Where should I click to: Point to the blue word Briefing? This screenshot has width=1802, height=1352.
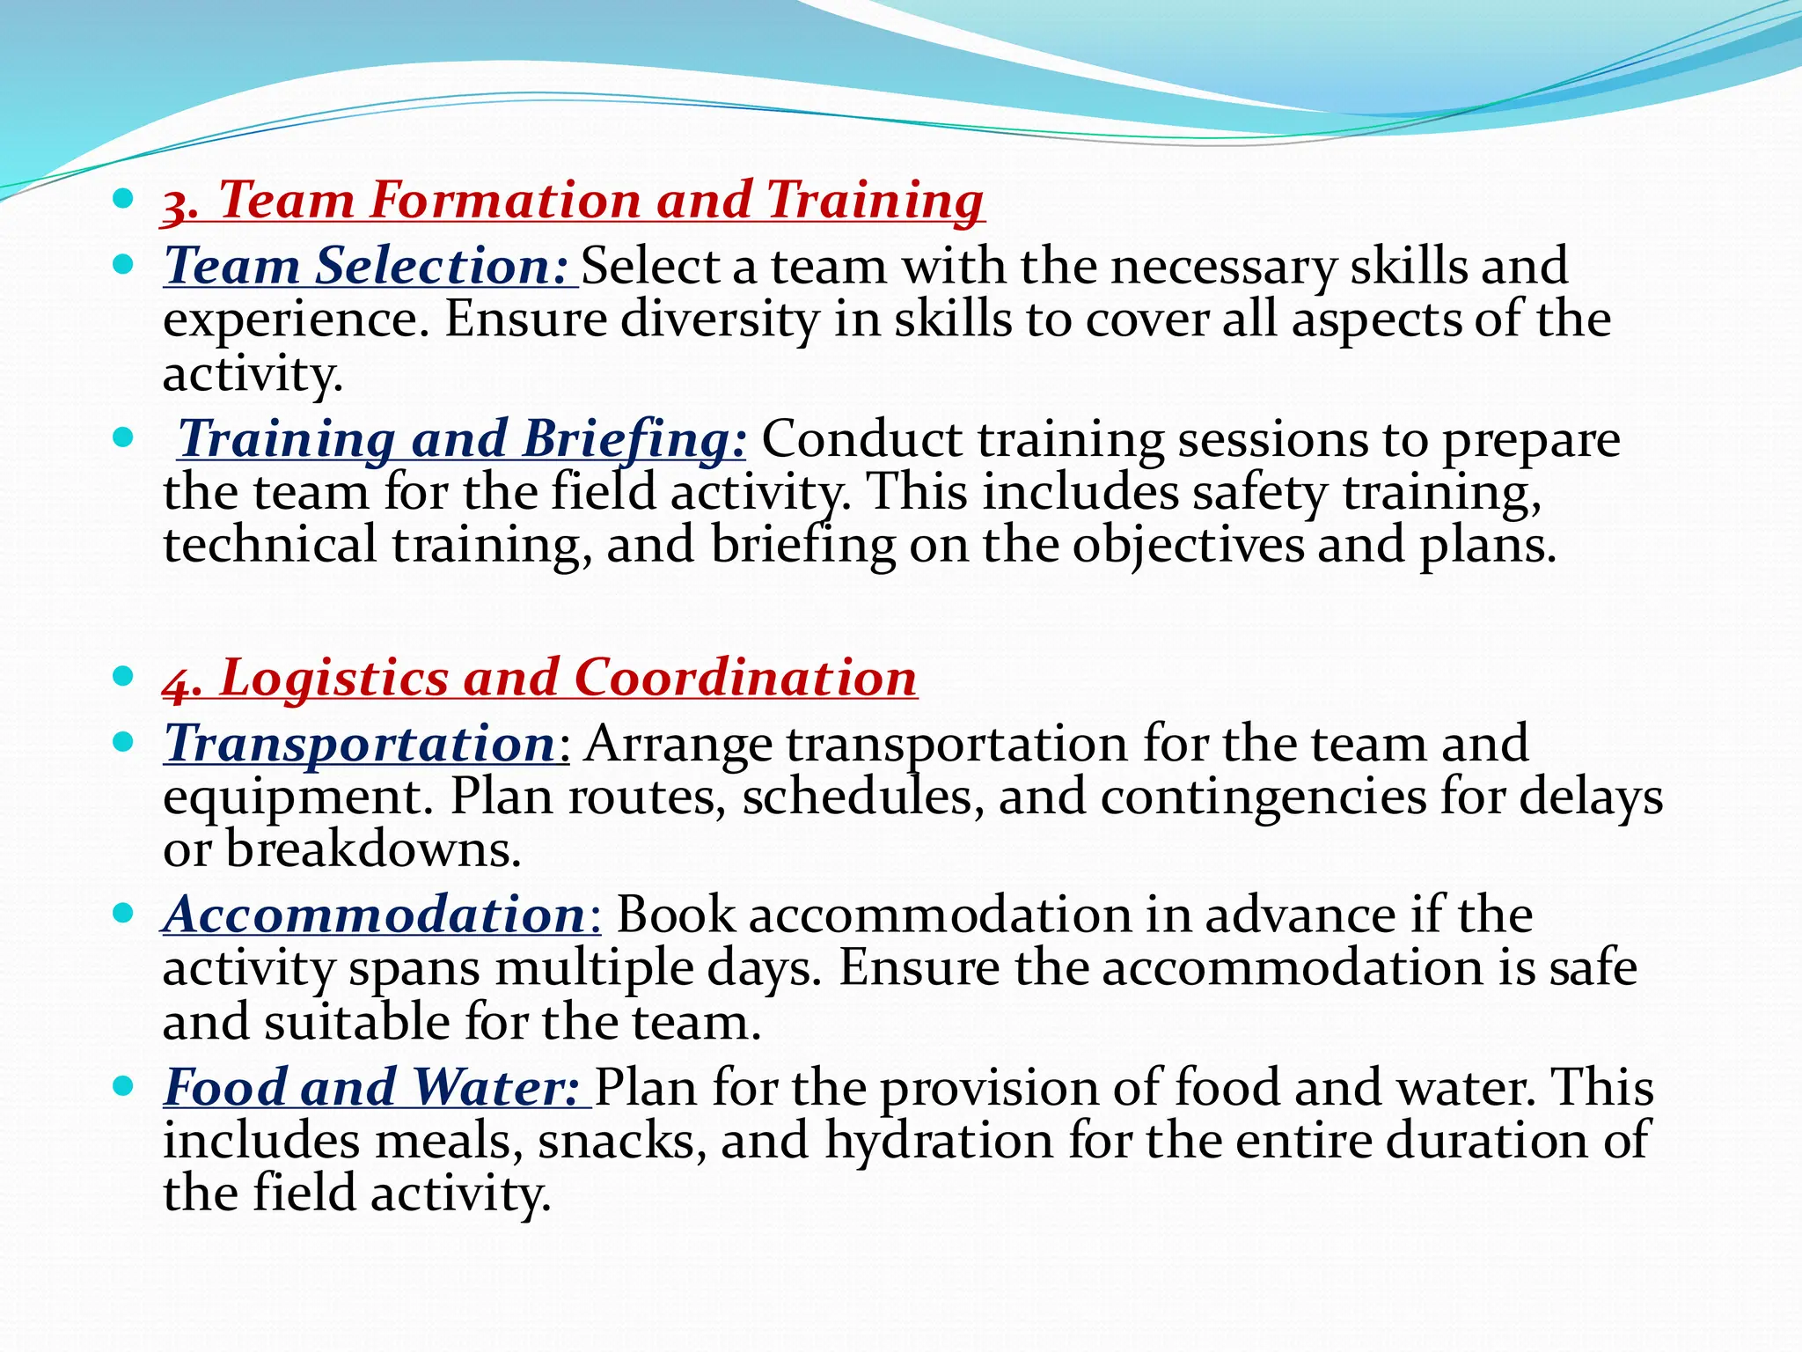click(634, 438)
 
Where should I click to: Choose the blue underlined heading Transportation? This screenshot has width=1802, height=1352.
click(361, 744)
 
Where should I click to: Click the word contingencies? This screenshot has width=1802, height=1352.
click(1263, 797)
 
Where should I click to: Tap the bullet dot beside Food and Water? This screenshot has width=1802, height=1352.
click(123, 1086)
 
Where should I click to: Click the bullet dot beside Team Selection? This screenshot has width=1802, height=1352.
click(123, 264)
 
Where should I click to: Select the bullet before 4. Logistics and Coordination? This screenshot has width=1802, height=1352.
click(123, 677)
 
